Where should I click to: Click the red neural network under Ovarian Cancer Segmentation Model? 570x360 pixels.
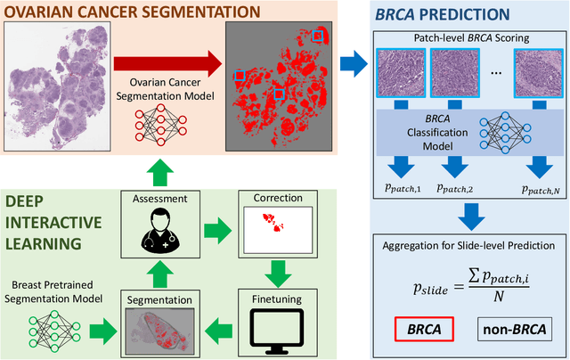tap(160, 125)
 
